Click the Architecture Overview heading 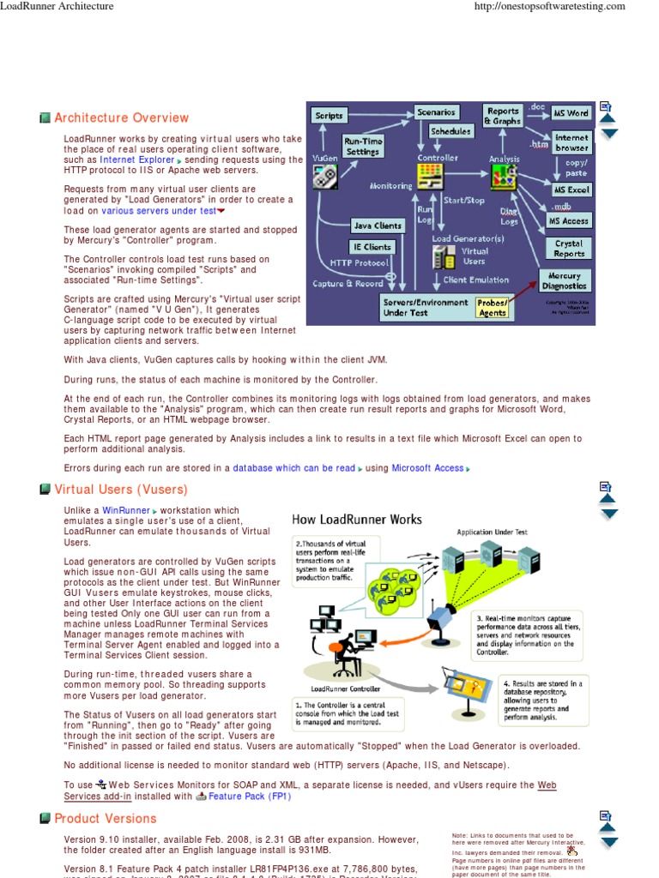coord(121,117)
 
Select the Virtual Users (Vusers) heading coord(120,490)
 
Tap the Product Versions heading coord(106,818)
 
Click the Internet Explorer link coord(136,159)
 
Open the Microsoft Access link coord(427,468)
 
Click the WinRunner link coord(125,510)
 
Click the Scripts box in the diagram coord(329,115)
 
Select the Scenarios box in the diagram coord(437,112)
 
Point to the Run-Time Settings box coord(363,146)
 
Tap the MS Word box coord(571,113)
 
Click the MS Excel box coord(571,189)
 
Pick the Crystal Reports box coord(569,249)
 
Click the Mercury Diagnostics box coord(565,281)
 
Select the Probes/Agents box coord(493,308)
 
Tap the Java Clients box coord(378,226)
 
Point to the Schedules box coord(450,131)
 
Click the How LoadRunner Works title coord(357,519)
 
